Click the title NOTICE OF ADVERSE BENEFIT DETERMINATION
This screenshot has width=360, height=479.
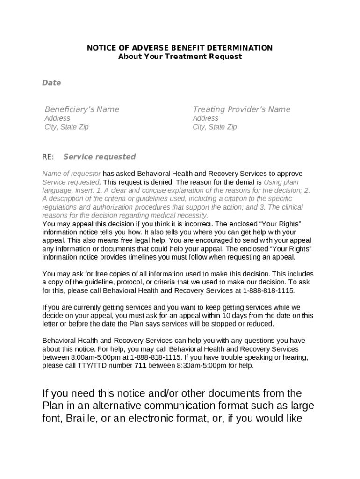[x=180, y=48]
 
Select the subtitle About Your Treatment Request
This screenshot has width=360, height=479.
[x=180, y=57]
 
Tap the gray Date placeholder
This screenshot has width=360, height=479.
[x=51, y=83]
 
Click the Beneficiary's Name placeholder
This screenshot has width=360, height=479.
[x=82, y=109]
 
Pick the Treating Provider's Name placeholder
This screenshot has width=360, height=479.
[x=241, y=109]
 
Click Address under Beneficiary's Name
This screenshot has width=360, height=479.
[x=57, y=118]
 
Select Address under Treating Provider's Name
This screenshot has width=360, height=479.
[x=205, y=118]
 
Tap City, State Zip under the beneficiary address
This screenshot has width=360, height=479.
[x=66, y=127]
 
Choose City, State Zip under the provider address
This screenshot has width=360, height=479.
[x=215, y=127]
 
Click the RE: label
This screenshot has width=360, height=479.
[x=48, y=157]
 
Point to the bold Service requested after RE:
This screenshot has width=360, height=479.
[x=100, y=157]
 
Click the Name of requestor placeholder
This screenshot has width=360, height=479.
[x=72, y=174]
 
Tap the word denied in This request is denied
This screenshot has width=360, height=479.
[x=163, y=182]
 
